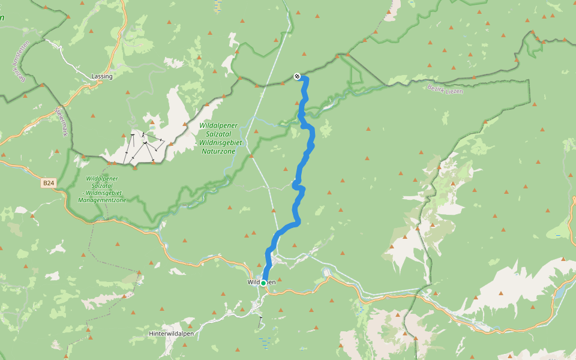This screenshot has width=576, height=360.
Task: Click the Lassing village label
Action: point(101,76)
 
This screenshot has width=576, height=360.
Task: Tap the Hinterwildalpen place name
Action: point(171,333)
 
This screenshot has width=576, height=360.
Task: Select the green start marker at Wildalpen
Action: point(263,283)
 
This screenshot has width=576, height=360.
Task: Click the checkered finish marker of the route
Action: point(296,76)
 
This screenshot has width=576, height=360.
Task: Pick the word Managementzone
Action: point(102,200)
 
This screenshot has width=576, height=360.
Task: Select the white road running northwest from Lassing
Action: point(66,58)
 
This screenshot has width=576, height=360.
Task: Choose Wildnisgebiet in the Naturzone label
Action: point(220,143)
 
